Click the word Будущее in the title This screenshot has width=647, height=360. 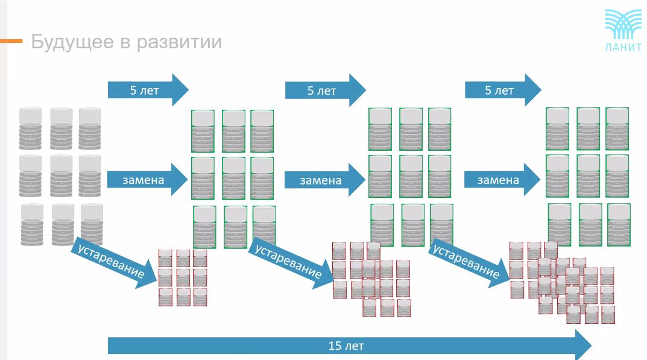coord(72,42)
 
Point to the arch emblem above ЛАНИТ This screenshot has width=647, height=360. coord(623,25)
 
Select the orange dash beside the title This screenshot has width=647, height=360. coord(11,41)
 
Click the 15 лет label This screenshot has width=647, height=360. coord(346,346)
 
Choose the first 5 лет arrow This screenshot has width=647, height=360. coord(148,90)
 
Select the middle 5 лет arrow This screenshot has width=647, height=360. coord(326,90)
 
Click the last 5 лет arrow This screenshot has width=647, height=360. coord(503,90)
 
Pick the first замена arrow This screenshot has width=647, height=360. coord(147,180)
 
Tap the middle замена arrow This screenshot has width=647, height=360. coord(325,180)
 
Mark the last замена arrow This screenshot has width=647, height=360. coord(502,180)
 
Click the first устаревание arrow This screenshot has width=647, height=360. coord(115,262)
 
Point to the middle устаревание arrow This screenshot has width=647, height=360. coord(291,262)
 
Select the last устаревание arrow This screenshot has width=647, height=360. coord(469,262)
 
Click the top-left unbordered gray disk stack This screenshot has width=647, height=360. coord(30,128)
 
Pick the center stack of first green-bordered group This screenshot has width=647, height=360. coord(233,178)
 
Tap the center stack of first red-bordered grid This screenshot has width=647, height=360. coord(183,277)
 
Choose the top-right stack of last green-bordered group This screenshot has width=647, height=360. coord(617,129)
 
